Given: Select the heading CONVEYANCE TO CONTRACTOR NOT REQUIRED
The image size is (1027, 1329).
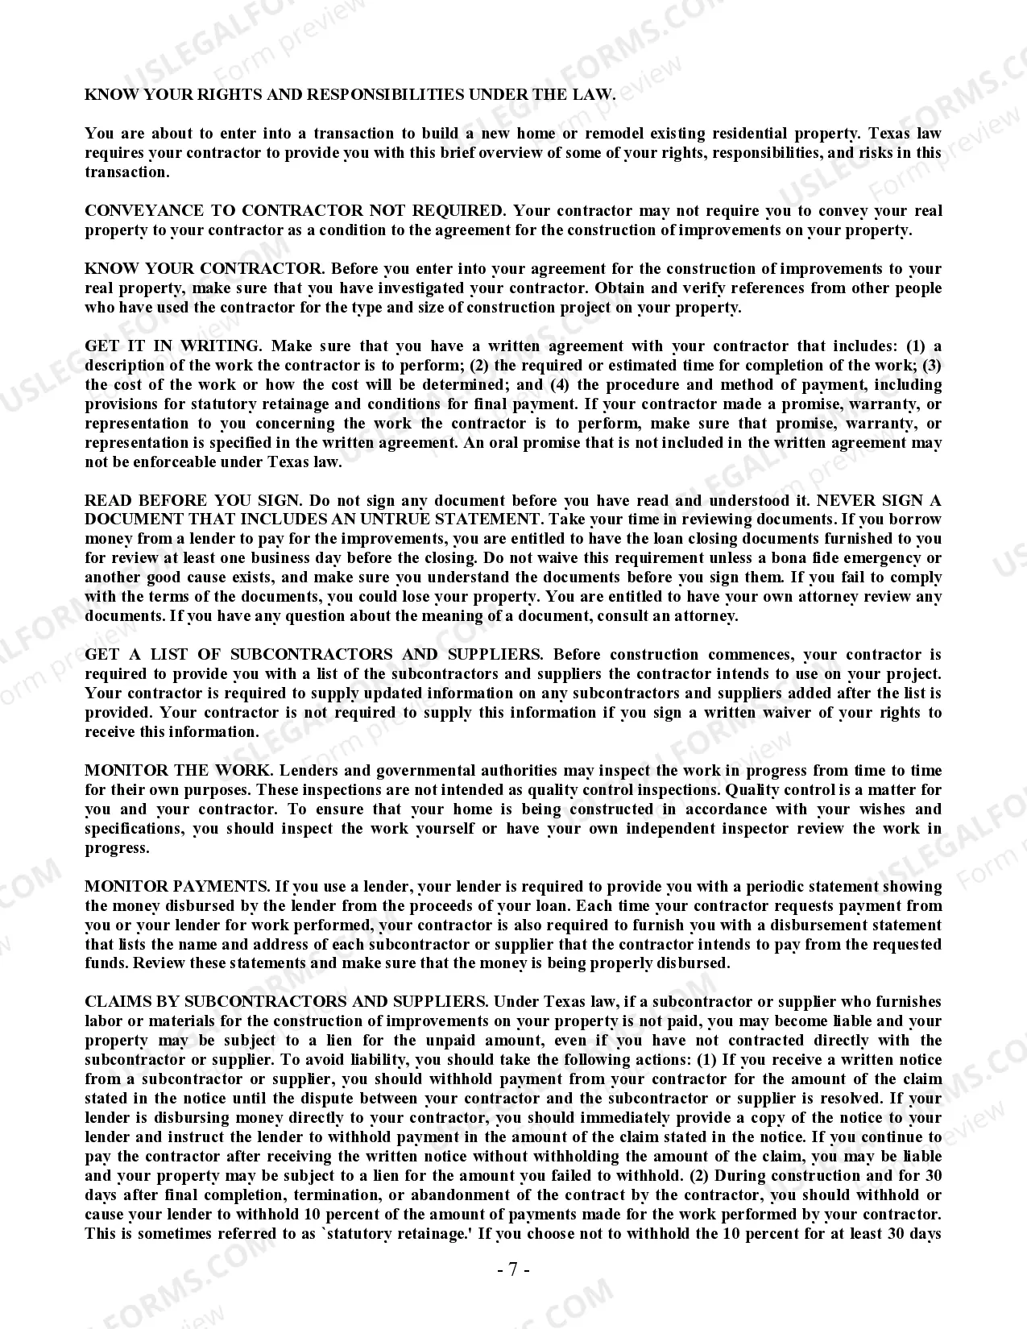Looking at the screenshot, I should [x=295, y=211].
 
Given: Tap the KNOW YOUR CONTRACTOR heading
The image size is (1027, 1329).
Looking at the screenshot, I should [x=205, y=269].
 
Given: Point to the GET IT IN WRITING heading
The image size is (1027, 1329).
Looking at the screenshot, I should [x=172, y=346].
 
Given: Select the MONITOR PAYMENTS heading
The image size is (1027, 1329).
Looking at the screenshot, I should [x=176, y=887].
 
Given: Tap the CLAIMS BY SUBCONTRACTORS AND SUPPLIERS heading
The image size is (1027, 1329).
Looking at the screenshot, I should [x=286, y=1002].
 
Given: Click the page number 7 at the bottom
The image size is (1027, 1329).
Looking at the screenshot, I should [x=513, y=1270].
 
